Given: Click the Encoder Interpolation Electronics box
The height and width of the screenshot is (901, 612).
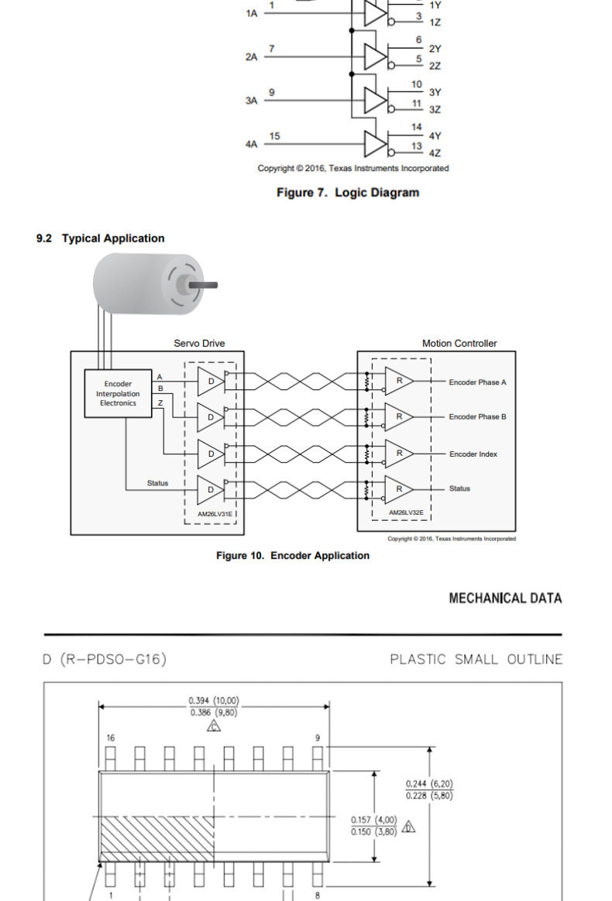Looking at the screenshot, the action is click(118, 393).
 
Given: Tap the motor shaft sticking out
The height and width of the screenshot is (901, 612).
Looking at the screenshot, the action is click(204, 284).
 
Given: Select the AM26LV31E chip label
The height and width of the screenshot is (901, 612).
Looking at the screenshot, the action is click(215, 514).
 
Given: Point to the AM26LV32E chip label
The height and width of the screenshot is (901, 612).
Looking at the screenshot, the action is click(406, 512).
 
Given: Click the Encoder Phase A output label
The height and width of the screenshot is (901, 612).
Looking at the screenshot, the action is click(477, 382).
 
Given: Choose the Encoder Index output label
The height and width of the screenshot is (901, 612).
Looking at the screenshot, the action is click(473, 454).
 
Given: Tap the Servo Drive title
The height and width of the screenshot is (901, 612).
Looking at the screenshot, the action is click(199, 343).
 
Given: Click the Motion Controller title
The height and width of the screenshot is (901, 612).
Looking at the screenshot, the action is click(459, 343).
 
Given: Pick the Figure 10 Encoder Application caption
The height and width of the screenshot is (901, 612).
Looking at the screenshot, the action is click(293, 556).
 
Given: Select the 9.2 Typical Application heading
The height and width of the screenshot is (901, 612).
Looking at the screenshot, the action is click(100, 238).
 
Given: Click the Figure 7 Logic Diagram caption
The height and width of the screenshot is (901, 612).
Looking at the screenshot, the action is click(348, 193).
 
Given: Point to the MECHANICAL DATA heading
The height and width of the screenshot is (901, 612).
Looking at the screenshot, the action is click(505, 598).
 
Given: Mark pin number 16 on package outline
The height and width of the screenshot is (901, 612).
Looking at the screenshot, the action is click(111, 738).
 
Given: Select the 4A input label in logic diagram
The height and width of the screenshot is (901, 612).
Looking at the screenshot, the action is click(251, 144).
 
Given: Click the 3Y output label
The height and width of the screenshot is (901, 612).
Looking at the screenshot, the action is click(435, 92).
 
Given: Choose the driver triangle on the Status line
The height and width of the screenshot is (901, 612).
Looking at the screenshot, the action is click(211, 489).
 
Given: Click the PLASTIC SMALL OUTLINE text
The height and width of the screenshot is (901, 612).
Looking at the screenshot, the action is click(476, 659).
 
